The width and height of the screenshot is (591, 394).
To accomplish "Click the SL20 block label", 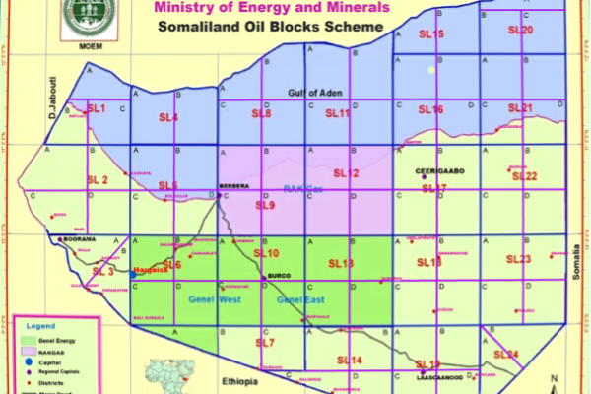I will pyautogui.click(x=521, y=31).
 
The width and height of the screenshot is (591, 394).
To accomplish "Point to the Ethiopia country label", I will pyautogui.click(x=239, y=380).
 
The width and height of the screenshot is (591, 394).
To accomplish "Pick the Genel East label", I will pyautogui.click(x=300, y=299).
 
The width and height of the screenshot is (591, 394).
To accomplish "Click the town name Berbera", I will pyautogui.click(x=234, y=184).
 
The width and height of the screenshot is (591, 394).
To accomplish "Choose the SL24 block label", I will pyautogui.click(x=505, y=354).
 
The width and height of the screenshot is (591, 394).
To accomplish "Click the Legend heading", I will pyautogui.click(x=41, y=325).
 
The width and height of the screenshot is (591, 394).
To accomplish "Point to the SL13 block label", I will pyautogui.click(x=339, y=263).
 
